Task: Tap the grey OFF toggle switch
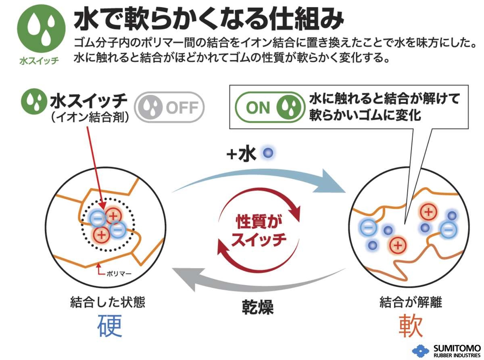point(169,108)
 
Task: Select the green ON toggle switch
point(269,107)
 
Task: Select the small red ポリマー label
point(119,273)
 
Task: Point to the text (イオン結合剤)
point(89,117)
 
